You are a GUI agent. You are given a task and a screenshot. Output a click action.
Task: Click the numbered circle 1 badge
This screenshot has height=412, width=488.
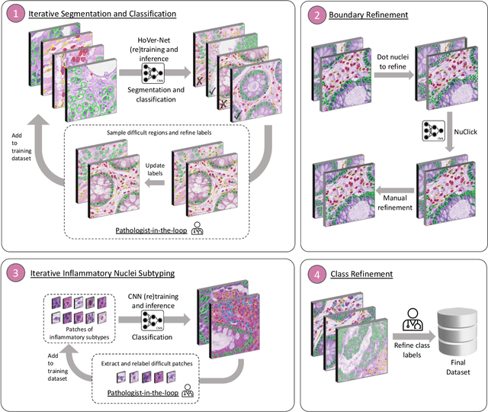(x=17, y=14)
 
